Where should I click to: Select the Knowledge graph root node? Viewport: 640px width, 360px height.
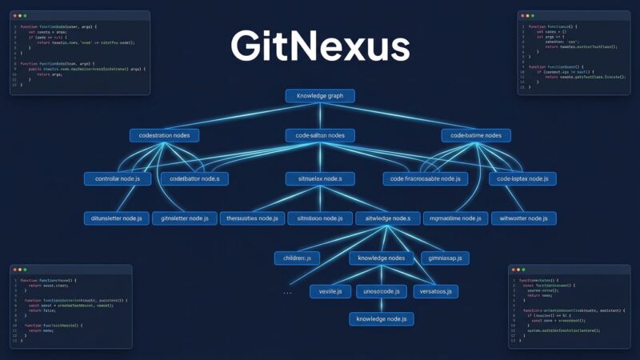click(320, 96)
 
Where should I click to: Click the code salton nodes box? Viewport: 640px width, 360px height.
click(320, 136)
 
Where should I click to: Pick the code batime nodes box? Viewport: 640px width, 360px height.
click(476, 136)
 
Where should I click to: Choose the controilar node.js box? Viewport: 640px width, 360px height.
click(118, 178)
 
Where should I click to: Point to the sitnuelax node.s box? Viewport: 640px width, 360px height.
click(320, 178)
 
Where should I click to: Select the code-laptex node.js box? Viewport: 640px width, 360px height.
click(523, 178)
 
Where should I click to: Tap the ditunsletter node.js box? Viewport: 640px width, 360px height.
click(117, 218)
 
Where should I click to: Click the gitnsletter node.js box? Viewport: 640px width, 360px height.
click(185, 218)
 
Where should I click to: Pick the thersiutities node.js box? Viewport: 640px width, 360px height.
click(252, 218)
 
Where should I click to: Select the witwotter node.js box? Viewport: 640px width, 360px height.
click(523, 218)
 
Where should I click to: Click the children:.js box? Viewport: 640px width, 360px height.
click(297, 258)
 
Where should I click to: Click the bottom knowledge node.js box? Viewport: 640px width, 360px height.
click(382, 319)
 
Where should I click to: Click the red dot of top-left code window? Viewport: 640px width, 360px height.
click(14, 15)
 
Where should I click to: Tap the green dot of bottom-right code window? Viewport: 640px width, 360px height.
click(527, 269)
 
